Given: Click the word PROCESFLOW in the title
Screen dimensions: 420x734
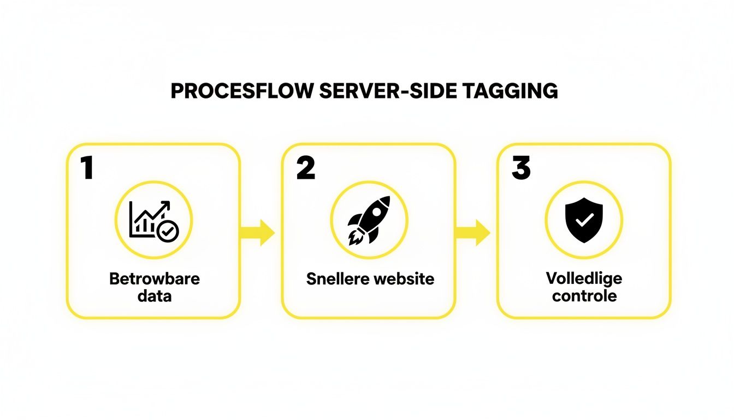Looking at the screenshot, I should [242, 91].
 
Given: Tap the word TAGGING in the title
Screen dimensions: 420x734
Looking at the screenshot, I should [510, 91].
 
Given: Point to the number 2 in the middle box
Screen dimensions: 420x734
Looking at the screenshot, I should [305, 168].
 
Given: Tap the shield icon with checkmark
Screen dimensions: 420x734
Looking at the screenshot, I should [584, 220].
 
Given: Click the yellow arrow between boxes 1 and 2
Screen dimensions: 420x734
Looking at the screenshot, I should [258, 232].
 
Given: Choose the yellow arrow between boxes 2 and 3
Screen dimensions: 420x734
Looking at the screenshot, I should [472, 232].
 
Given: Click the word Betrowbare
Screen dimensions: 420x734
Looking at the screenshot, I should [155, 278].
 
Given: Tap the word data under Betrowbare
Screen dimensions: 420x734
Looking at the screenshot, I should [155, 296].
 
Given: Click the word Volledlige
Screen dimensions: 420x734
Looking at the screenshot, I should [584, 278].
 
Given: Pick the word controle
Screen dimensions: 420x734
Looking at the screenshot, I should [584, 296].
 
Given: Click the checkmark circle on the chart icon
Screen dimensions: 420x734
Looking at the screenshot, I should [167, 232].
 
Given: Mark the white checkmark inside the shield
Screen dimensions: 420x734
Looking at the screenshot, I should [584, 220].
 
